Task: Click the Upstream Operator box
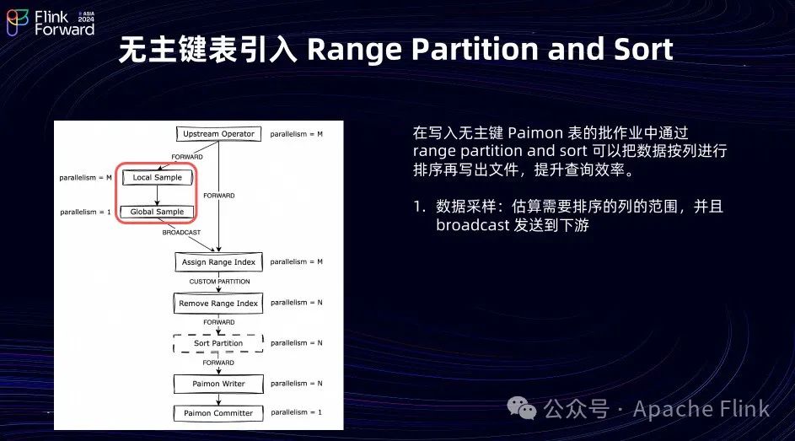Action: click(x=218, y=134)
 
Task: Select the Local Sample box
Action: click(x=157, y=178)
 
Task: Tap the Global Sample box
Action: click(x=157, y=212)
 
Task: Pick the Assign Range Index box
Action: click(x=218, y=262)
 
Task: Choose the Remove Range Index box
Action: click(x=218, y=304)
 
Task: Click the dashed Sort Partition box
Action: click(x=218, y=343)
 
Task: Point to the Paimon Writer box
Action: click(x=218, y=384)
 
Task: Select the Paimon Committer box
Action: click(x=218, y=413)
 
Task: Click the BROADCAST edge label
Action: click(x=181, y=232)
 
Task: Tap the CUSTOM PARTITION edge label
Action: click(x=219, y=282)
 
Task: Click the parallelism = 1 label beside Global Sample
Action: click(x=85, y=212)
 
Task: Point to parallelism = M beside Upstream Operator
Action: click(x=296, y=134)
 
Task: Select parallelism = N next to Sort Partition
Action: click(x=296, y=343)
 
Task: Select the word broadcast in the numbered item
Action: click(x=472, y=225)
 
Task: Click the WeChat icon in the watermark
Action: click(x=522, y=409)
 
